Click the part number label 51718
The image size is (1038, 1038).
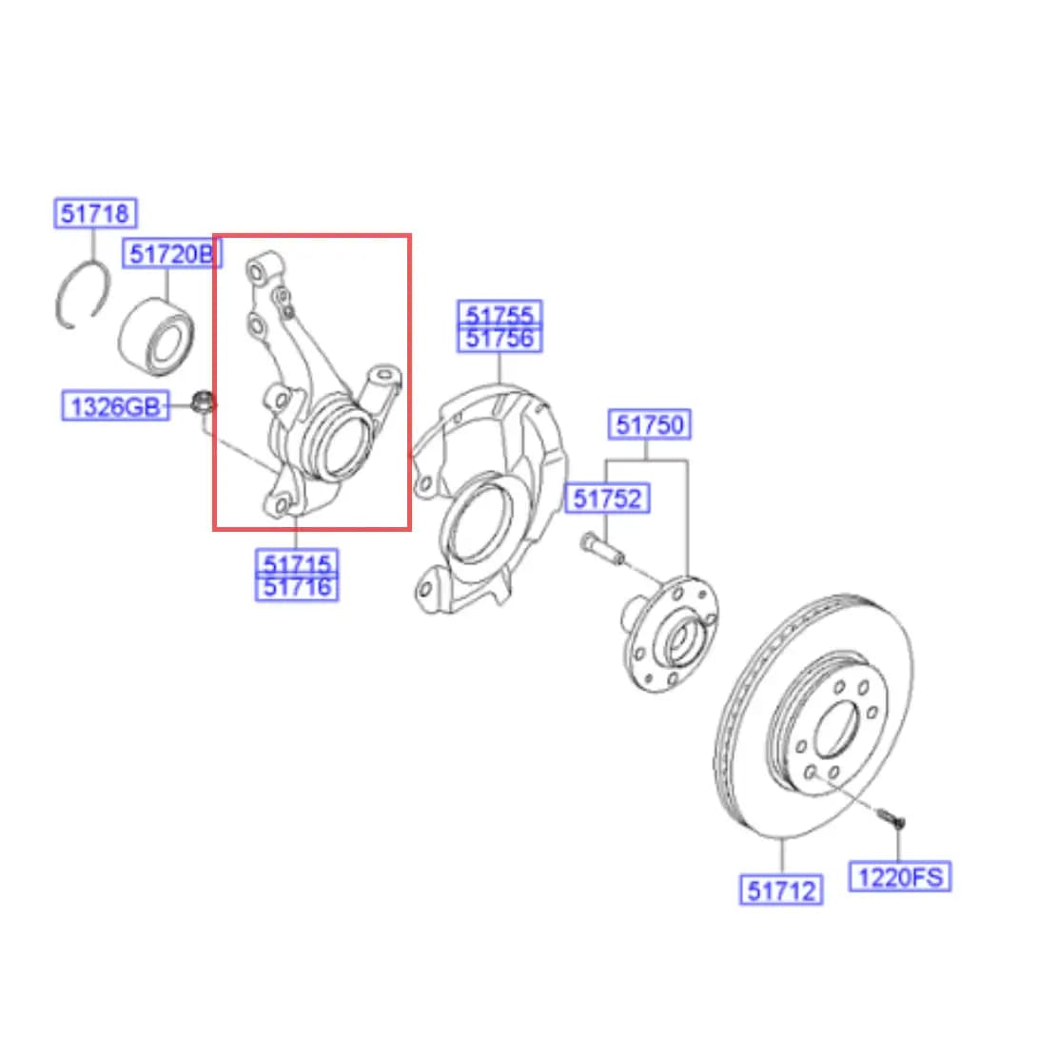pyautogui.click(x=95, y=213)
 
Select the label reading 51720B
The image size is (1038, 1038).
pyautogui.click(x=172, y=254)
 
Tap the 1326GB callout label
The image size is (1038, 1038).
pyautogui.click(x=115, y=406)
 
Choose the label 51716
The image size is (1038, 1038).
pyautogui.click(x=297, y=588)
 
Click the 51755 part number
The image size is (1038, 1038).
pyautogui.click(x=499, y=313)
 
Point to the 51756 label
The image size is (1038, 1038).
pyautogui.click(x=499, y=339)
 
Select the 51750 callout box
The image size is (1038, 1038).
pyautogui.click(x=650, y=424)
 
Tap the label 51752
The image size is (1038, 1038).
pyautogui.click(x=607, y=498)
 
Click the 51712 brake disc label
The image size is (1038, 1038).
pyautogui.click(x=781, y=890)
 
